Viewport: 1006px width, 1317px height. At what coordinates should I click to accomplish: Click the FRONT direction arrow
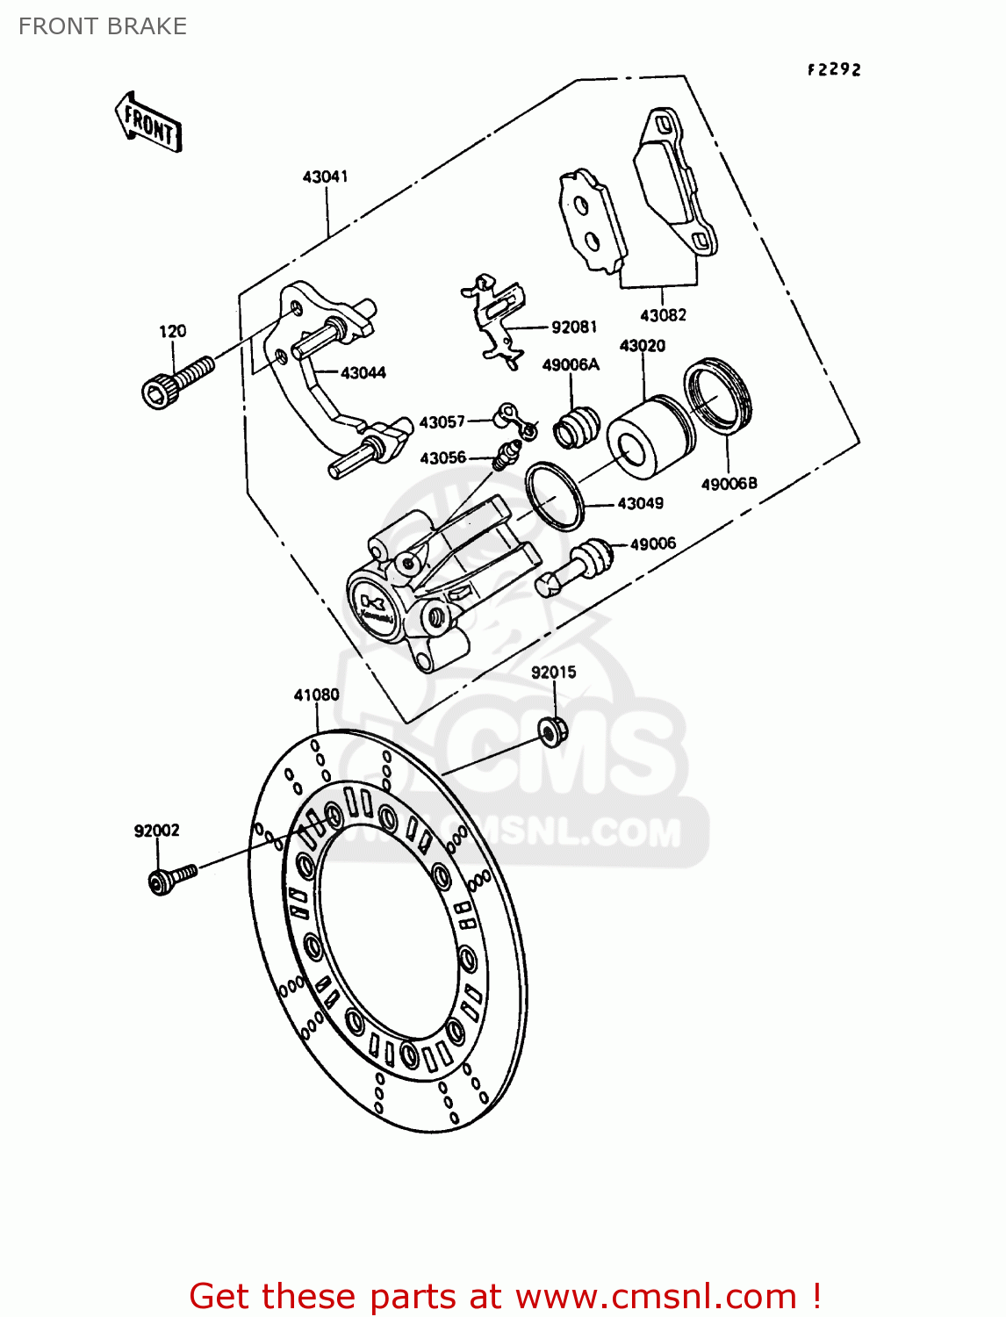(x=148, y=124)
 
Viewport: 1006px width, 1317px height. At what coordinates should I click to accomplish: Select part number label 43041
(x=325, y=176)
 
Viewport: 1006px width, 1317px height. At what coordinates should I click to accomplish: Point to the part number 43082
(x=663, y=315)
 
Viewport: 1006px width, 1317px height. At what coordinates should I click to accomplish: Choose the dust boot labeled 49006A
(x=575, y=425)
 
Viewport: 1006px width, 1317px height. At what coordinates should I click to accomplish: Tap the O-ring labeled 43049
(x=555, y=496)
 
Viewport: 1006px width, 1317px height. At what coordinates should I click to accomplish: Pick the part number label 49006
(x=652, y=543)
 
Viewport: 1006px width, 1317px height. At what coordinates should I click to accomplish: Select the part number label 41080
(x=316, y=694)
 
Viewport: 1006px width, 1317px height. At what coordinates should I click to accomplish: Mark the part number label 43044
(x=363, y=372)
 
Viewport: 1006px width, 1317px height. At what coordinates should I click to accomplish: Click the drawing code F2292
(x=834, y=69)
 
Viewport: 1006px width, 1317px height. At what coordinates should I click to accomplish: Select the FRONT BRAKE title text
(x=103, y=26)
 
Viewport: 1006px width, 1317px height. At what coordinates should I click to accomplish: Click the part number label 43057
(x=442, y=422)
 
